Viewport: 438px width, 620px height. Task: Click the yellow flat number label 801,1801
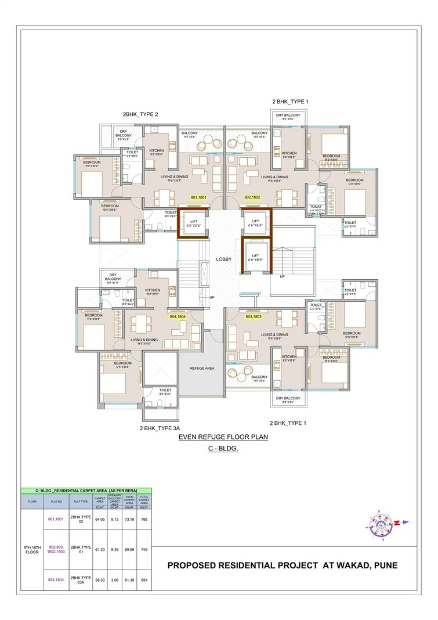[198, 197]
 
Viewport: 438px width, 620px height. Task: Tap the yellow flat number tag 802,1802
[252, 197]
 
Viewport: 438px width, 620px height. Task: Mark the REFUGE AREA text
[202, 368]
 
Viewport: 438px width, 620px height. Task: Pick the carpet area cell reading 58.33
[100, 579]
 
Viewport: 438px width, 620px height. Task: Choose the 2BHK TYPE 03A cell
[80, 579]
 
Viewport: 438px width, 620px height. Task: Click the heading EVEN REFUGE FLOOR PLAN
[223, 437]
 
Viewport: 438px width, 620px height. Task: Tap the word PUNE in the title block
[384, 565]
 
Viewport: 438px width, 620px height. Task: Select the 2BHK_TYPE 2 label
[140, 114]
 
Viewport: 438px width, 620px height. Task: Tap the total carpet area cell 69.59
[129, 549]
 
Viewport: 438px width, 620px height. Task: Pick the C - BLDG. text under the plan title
[223, 449]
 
